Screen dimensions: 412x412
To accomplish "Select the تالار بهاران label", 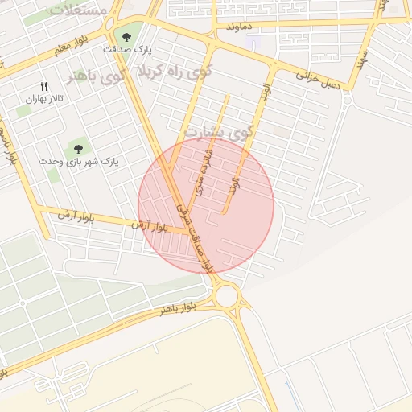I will [x=43, y=99].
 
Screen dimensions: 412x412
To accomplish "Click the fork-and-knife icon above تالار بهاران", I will [x=43, y=86].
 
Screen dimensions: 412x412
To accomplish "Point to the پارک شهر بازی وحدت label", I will [x=78, y=161].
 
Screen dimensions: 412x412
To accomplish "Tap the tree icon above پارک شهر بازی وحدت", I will [x=77, y=147].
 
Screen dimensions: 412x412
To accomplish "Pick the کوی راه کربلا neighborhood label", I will [x=186, y=71].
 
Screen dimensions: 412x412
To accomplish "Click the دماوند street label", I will [x=240, y=27].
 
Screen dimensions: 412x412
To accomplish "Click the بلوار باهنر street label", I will [x=177, y=307].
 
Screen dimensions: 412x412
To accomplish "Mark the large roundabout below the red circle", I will [x=226, y=295].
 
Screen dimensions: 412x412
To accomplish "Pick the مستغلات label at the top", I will [x=79, y=10].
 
